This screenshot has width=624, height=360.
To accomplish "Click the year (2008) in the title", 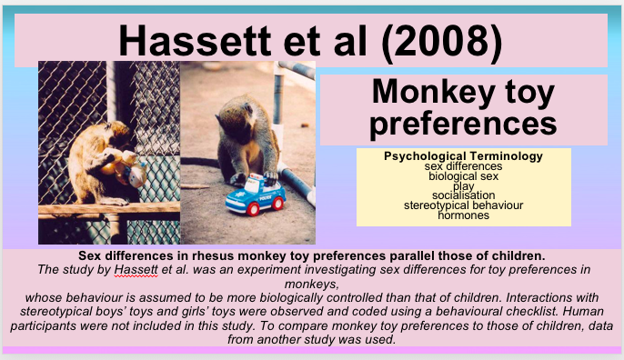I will tap(450, 39).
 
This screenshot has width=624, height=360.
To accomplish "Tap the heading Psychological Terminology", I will tap(463, 156).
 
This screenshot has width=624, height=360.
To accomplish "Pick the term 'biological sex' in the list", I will tap(463, 175).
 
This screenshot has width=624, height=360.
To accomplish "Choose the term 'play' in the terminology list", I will tap(463, 185).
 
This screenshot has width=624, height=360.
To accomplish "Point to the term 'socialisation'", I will tap(463, 195).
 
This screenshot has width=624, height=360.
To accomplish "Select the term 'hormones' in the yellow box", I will tap(463, 215).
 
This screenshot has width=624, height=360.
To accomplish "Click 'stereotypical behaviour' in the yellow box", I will tap(463, 205).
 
